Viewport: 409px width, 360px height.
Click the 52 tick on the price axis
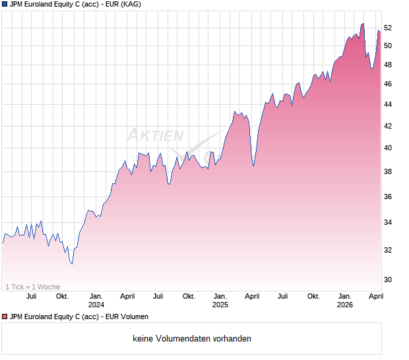[x=388, y=28]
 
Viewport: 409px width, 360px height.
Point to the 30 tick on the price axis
[x=388, y=280]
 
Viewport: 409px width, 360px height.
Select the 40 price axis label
[x=388, y=148]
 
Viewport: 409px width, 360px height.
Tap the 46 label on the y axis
[x=388, y=84]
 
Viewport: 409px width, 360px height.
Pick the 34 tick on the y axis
[x=388, y=222]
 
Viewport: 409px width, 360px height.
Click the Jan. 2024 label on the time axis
[x=96, y=300]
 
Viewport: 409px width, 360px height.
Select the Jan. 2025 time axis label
[x=220, y=300]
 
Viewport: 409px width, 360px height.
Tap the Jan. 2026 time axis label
[x=344, y=300]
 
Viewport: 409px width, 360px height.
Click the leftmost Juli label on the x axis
[x=31, y=296]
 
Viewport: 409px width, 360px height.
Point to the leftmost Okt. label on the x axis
[x=63, y=296]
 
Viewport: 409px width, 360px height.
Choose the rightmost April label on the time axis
[x=375, y=296]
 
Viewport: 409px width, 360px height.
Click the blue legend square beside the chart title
[x=5, y=4]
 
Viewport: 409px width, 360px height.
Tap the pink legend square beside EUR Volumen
[x=5, y=316]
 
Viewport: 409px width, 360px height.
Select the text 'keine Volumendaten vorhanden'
[x=192, y=339]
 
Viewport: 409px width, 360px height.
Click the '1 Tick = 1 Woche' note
[x=32, y=287]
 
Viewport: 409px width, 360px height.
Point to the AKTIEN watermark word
[x=154, y=135]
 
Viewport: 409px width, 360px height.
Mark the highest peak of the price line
[x=363, y=24]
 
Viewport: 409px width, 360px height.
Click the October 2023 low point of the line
[x=72, y=264]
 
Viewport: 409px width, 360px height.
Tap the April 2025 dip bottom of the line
[x=253, y=166]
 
